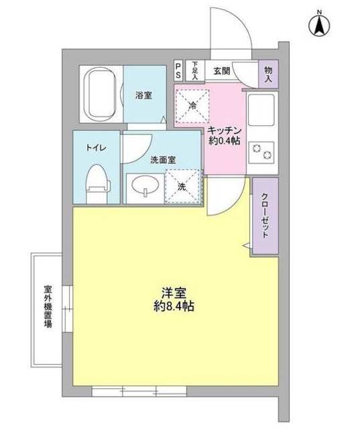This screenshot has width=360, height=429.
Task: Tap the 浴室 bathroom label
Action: point(143,95)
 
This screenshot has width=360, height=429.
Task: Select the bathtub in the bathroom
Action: point(101,95)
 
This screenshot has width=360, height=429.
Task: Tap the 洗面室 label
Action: point(163,160)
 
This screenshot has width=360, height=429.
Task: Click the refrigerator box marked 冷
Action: point(193,105)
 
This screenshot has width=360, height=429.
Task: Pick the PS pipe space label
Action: point(178,69)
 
